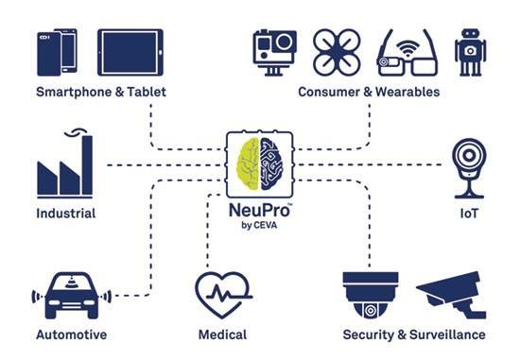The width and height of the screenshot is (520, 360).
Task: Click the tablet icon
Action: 130,52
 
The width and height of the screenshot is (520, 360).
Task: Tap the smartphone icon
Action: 57,52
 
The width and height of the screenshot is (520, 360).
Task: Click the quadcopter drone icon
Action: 337,52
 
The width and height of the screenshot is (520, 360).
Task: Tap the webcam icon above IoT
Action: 469,168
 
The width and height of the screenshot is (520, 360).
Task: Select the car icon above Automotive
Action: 71,296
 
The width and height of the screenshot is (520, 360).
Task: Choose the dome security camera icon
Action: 371,295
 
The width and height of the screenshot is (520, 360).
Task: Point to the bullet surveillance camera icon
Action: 452,295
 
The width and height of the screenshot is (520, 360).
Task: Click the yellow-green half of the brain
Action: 248,164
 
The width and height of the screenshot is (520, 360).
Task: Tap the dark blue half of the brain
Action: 271,164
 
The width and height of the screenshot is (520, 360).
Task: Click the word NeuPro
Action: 260,210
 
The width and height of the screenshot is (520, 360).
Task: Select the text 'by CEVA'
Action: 259,226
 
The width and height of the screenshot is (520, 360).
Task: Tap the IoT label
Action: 469,214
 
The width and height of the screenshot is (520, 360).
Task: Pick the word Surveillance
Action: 447,334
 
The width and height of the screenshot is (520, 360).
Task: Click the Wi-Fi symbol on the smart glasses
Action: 407,50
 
